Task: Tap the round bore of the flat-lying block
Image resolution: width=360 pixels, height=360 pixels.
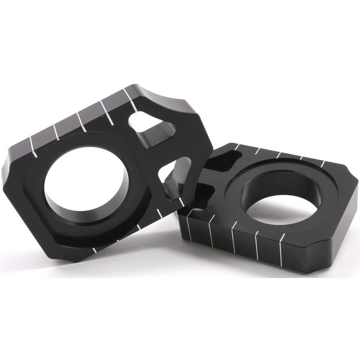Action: point(276,200)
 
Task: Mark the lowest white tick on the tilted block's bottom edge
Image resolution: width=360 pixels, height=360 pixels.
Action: point(94,250)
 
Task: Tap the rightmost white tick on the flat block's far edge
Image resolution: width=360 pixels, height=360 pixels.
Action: point(323,164)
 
